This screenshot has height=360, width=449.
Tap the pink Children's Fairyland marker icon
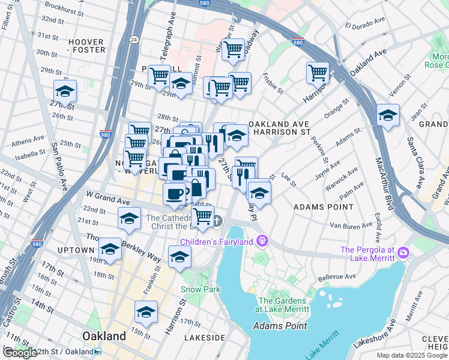click(x=262, y=241)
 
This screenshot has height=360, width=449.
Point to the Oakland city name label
click(x=104, y=335)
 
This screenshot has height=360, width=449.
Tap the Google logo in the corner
click(x=19, y=353)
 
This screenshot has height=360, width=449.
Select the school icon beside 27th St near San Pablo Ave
click(x=65, y=91)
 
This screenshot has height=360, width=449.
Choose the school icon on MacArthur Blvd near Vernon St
click(x=388, y=115)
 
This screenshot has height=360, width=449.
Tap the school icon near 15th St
click(x=146, y=311)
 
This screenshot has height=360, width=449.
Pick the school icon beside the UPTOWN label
click(x=110, y=248)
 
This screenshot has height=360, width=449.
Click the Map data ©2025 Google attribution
click(x=412, y=355)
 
